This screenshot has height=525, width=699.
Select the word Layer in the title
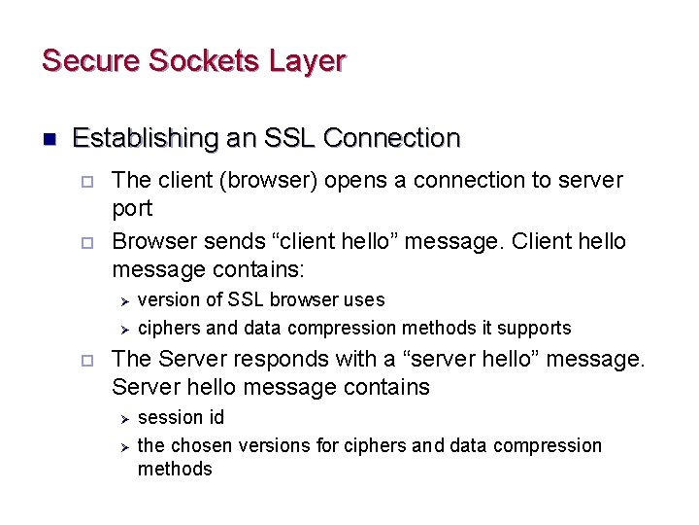(307, 61)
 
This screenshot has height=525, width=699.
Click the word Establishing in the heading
(146, 138)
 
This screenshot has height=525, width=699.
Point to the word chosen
(199, 445)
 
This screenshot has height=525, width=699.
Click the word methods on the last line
(175, 469)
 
